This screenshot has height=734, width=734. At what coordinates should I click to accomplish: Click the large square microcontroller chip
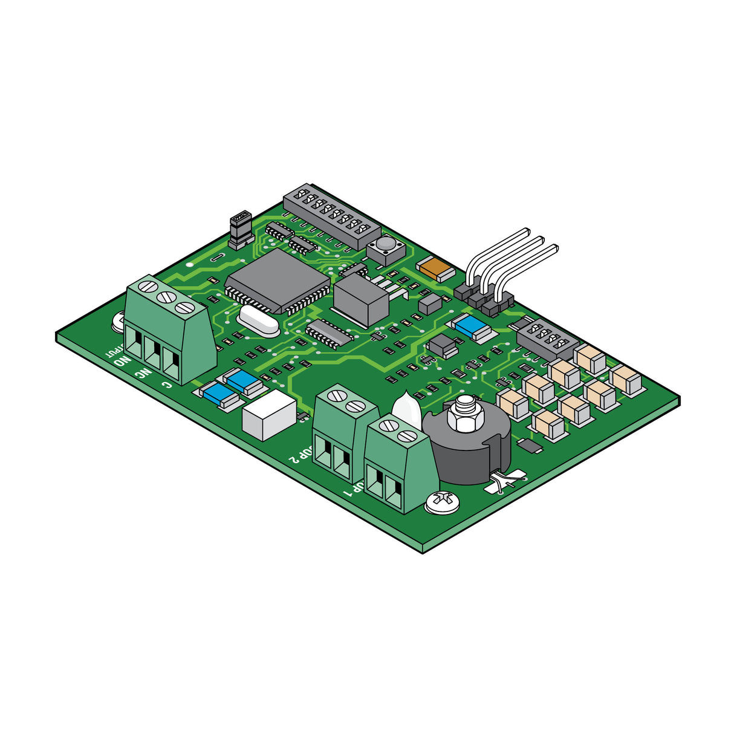[278, 281]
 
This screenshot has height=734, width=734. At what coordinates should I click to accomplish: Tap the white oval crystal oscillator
[259, 320]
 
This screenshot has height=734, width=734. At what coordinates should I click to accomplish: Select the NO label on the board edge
[122, 362]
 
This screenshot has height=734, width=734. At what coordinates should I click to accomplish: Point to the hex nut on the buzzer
[464, 414]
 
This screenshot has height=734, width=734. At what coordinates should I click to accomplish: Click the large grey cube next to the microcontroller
[360, 300]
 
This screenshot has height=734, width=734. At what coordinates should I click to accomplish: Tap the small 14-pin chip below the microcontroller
[328, 333]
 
